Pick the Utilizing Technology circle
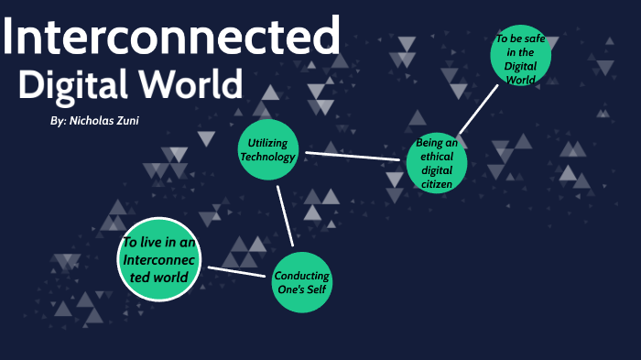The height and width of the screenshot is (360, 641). (268, 150)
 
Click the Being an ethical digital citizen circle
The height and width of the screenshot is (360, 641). (437, 163)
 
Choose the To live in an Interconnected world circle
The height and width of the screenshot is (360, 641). (159, 260)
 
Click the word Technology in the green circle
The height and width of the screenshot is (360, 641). (267, 157)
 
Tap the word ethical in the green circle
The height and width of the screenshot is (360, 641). (437, 157)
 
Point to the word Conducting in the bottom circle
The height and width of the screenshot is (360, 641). (302, 276)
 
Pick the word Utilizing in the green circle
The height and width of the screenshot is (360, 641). (267, 144)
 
